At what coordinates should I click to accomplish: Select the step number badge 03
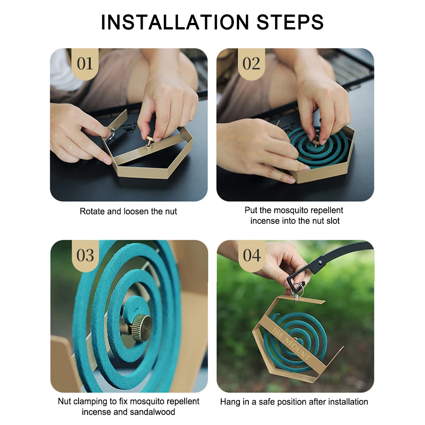85,256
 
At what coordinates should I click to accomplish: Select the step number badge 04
251,256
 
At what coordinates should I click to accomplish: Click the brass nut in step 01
150,141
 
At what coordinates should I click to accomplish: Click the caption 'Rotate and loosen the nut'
128,211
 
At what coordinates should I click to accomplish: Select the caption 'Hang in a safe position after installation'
294,401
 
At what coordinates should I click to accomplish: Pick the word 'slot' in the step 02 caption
333,221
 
